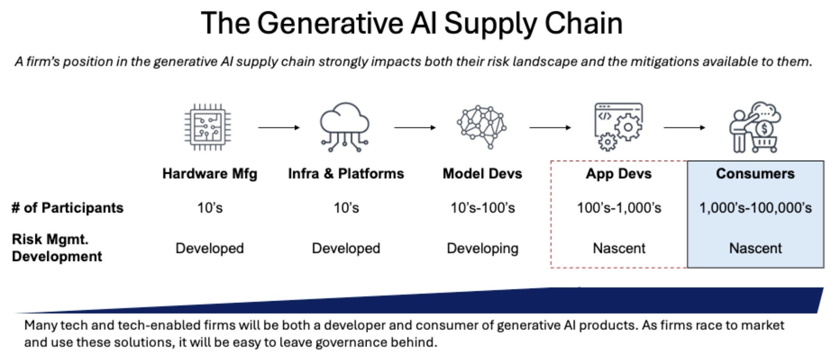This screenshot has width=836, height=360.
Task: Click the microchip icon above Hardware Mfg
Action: click(x=208, y=127)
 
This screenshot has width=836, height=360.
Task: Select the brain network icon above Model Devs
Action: click(x=481, y=126)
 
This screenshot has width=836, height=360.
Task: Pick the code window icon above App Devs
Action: click(x=618, y=126)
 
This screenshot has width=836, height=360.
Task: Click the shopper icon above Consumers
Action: click(x=754, y=127)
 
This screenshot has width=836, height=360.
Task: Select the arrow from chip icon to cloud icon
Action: click(x=279, y=127)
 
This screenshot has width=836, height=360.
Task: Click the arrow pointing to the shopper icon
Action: click(x=684, y=127)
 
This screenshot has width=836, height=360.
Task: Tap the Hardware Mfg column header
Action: click(x=210, y=173)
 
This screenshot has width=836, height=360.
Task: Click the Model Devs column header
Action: click(x=482, y=173)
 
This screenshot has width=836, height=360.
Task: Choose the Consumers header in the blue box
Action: click(x=755, y=173)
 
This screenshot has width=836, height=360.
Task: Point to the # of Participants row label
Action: click(x=67, y=208)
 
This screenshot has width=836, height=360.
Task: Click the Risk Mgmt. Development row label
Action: click(x=57, y=248)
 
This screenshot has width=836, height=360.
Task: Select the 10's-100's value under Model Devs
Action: click(x=483, y=208)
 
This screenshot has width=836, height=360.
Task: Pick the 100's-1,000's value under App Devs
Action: click(x=619, y=208)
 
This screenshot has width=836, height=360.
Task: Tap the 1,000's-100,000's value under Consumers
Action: click(x=755, y=208)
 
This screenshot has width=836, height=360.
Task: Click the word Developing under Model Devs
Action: click(x=483, y=248)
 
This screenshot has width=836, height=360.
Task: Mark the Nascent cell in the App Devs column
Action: click(x=619, y=248)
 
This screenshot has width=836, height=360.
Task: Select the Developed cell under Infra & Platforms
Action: click(x=346, y=248)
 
